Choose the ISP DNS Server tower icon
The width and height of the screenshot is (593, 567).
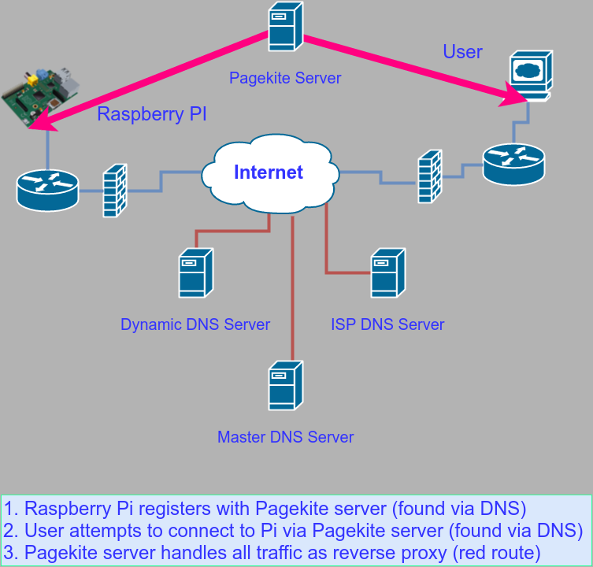coord(388,272)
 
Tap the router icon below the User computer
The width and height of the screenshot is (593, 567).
coord(513,163)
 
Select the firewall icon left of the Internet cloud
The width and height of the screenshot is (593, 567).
coord(115,191)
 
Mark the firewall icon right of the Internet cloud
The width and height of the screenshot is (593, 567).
coord(429,176)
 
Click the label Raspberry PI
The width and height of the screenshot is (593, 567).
coord(152,114)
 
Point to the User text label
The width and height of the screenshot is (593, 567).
coord(462,52)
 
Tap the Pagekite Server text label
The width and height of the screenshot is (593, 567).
coord(285,78)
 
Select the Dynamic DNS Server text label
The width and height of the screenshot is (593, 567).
coord(195,324)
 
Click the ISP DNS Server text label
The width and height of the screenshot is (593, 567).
coord(387,324)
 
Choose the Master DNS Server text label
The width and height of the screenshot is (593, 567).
coord(286,437)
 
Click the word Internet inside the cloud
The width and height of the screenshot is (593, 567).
coord(269,172)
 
